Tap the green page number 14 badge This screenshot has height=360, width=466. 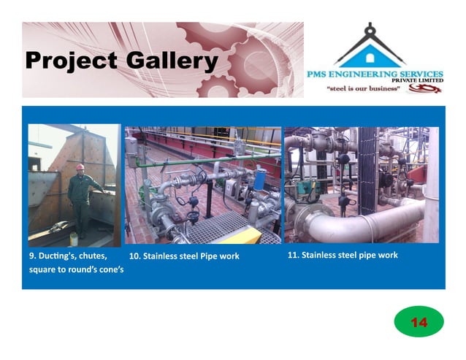pyautogui.click(x=419, y=322)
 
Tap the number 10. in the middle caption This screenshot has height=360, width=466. pyautogui.click(x=134, y=256)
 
